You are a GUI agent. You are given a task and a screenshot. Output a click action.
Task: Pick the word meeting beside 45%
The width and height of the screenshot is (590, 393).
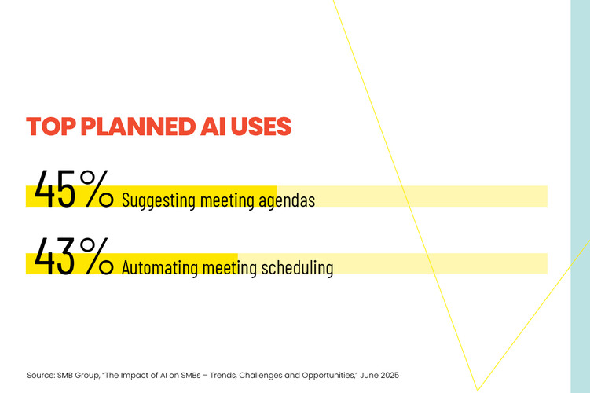click(225, 200)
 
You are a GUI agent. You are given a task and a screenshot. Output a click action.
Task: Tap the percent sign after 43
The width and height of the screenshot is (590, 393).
click(97, 257)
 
